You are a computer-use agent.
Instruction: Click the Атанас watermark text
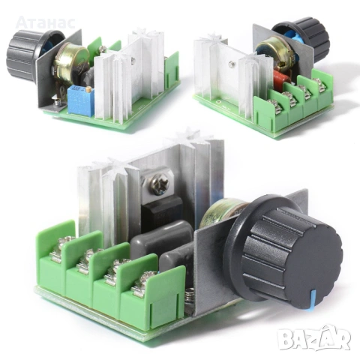pos(44,22)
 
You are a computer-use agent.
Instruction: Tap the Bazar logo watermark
pos(313,338)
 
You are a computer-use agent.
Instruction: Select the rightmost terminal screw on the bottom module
pos(140,284)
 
